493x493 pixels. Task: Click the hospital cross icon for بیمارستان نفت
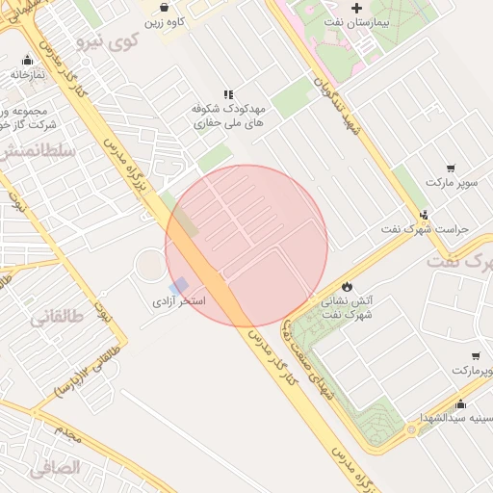pos(357,9)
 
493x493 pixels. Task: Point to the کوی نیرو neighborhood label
pos(111,40)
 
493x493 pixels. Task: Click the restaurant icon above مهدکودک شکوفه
pos(228,95)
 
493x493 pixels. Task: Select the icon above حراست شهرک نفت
pos(424,215)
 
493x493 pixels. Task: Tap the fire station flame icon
pos(347,286)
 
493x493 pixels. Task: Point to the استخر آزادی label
pos(180,301)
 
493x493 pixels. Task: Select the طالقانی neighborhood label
pos(52,317)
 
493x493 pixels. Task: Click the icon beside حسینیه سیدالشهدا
pos(460,403)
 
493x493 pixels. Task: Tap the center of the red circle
pos(246,246)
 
